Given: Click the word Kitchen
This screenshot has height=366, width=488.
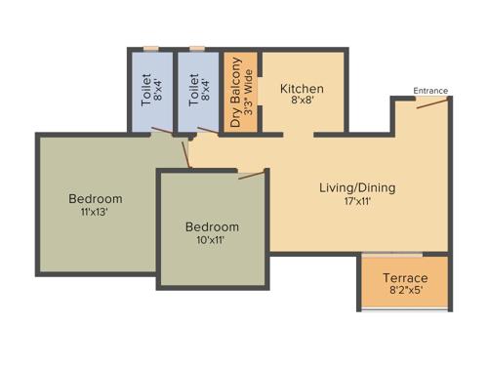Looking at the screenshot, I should [302, 89].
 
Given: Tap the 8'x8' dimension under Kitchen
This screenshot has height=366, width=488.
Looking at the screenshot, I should [302, 102].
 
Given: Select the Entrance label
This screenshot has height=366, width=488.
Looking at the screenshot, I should [430, 91].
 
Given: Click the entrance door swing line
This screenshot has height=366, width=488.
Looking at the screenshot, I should [432, 102].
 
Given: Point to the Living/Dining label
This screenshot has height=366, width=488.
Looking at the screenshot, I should [357, 187].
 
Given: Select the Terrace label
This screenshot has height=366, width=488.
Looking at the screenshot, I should [405, 277].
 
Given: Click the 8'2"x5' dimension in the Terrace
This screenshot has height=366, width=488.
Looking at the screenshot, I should [405, 290].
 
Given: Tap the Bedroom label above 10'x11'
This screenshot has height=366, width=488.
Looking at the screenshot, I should [212, 227].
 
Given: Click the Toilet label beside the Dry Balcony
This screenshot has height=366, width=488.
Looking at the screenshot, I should [193, 90].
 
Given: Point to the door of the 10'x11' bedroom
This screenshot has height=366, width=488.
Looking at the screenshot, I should [252, 176].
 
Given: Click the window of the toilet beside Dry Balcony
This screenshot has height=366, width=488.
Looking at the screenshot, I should [197, 48].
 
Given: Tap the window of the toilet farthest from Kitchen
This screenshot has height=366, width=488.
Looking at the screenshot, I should [149, 48].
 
